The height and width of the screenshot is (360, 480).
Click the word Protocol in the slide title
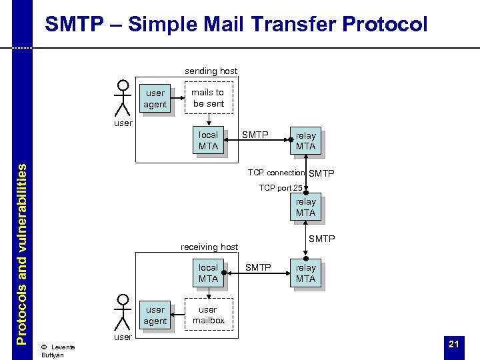click(384, 25)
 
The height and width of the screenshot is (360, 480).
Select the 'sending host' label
click(211, 71)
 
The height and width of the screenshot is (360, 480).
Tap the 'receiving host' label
click(209, 247)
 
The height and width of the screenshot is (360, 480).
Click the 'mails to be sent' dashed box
click(208, 98)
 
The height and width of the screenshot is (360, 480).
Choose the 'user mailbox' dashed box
click(208, 315)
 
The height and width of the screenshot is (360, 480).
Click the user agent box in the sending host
click(155, 99)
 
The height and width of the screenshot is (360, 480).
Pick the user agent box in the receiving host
click(155, 315)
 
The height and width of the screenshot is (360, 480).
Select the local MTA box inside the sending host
click(208, 140)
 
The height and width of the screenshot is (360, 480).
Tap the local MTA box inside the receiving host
click(208, 273)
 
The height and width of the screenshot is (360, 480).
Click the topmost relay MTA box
click(305, 141)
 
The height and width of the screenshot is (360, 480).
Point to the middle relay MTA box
click(305, 207)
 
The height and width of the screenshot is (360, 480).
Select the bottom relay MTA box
click(305, 273)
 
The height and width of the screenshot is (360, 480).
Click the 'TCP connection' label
click(276, 173)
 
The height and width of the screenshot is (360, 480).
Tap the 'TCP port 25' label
click(280, 188)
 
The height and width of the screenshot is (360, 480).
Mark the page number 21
click(454, 344)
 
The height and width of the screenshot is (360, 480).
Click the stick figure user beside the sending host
click(122, 98)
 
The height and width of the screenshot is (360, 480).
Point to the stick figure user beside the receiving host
click(122, 311)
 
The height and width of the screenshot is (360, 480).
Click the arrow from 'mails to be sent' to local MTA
click(208, 119)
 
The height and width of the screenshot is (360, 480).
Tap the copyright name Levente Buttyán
click(57, 351)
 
